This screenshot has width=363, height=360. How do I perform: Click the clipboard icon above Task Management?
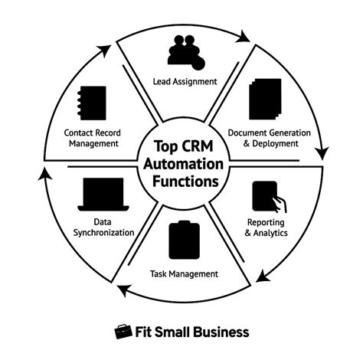pos(181,238)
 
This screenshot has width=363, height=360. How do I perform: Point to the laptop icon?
pos(102,195)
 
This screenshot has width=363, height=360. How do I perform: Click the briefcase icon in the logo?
pos(122,332)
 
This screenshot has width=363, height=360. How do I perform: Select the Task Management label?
pos(183,273)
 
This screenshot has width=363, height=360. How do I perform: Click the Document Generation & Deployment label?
pos(270,137)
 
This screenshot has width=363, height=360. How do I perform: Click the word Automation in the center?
pos(181,164)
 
